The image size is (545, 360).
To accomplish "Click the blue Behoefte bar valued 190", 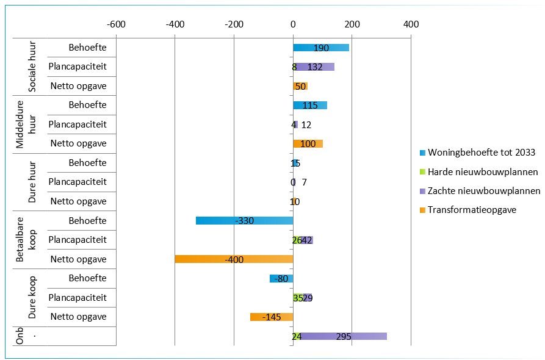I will pos(321,48).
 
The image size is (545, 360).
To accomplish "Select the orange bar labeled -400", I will pos(234,259).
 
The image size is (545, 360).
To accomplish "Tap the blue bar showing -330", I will pos(244,220).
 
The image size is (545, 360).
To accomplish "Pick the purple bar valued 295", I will pos(344,336).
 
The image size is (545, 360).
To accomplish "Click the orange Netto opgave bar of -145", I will pos(272,317).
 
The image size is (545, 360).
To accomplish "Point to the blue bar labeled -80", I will pos(281,278).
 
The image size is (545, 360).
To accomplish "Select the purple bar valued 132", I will pos(316,67).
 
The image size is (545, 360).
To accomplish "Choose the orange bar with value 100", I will pos(308,143).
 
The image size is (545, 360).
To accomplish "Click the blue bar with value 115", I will pos(310,105).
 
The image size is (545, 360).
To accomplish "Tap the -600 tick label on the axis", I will pos(116,24).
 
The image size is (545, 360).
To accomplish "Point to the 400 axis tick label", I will pos(411,24).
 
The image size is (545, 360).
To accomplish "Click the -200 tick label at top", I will pos(234,24).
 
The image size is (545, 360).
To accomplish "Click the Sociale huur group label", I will pos(32,67).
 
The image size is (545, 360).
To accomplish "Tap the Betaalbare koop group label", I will pos(27,240).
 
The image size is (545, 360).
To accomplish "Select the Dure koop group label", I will pos(32,298).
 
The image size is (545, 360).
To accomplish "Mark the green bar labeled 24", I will pos(297,336).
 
